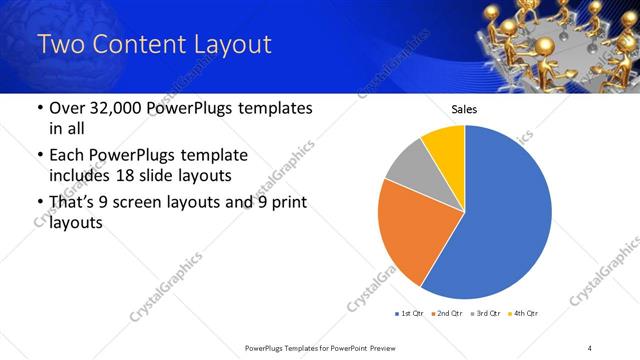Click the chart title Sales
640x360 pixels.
point(464,109)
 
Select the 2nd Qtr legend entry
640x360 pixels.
point(446,314)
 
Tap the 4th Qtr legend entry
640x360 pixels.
point(523,314)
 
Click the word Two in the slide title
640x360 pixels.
point(61,45)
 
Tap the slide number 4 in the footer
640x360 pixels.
point(589,347)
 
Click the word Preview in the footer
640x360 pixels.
point(380,347)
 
